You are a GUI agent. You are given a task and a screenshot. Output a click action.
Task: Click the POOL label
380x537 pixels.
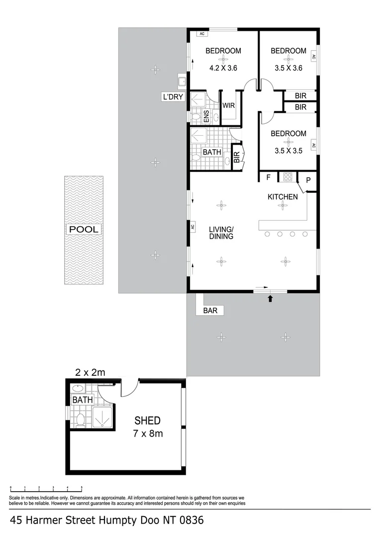pyautogui.click(x=84, y=229)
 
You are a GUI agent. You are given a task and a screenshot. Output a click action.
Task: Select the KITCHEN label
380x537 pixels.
pyautogui.click(x=283, y=197)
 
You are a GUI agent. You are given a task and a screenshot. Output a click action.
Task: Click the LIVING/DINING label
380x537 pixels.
pyautogui.click(x=221, y=233)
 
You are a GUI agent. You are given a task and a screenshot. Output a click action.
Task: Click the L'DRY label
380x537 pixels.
pyautogui.click(x=173, y=97)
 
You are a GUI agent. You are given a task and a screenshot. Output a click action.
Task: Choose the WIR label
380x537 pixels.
pyautogui.click(x=228, y=106)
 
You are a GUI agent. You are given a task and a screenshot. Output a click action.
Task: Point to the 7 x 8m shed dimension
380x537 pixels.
pyautogui.click(x=148, y=434)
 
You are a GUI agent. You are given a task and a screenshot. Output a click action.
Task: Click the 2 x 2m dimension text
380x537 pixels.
pyautogui.click(x=90, y=372)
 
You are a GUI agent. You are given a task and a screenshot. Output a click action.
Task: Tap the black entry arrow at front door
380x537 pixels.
pyautogui.click(x=270, y=299)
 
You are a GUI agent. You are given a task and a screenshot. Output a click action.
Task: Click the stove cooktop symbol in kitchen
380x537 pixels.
pyautogui.click(x=287, y=176)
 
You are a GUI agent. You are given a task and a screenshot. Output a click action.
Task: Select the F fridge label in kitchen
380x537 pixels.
pyautogui.click(x=269, y=177)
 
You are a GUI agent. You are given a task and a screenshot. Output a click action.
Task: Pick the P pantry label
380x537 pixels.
pyautogui.click(x=308, y=180)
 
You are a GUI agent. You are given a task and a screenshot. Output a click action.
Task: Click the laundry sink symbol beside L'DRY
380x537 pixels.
pyautogui.click(x=182, y=81)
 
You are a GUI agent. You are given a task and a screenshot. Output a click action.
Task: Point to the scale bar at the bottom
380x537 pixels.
pyautogui.click(x=46, y=488)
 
